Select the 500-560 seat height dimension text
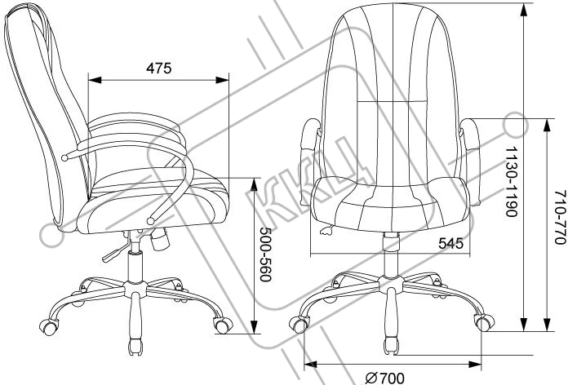tap(264, 254)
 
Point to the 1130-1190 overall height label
tap(510, 181)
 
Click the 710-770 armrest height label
tap(559, 207)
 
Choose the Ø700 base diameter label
tap(385, 377)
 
